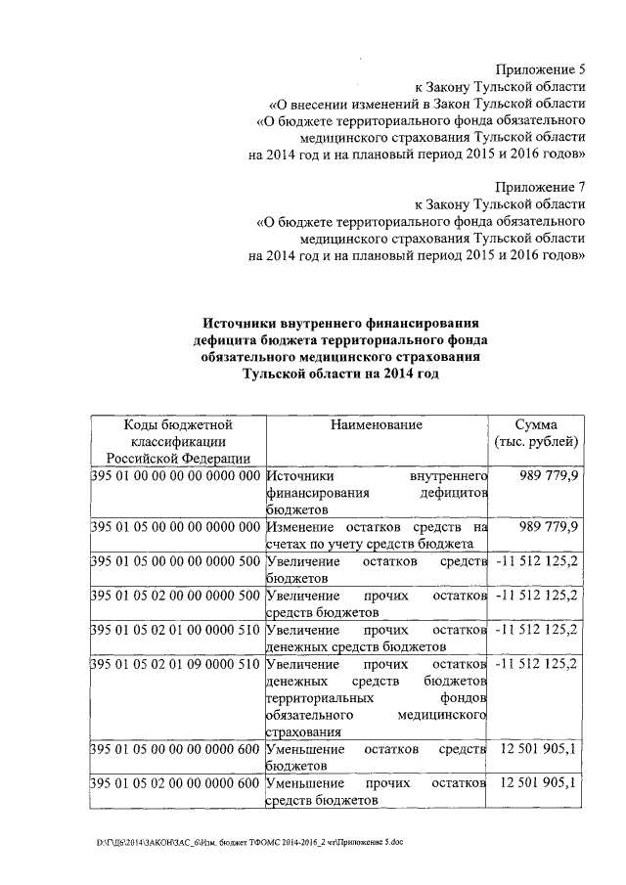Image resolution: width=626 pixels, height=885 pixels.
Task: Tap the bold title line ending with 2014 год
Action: pos(335,376)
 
